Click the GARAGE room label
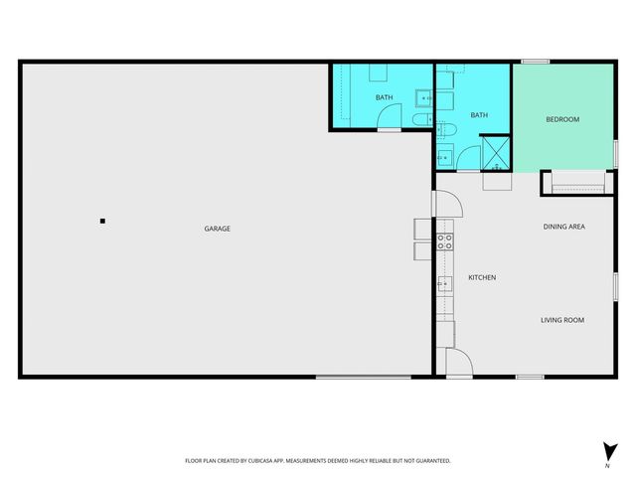click(218, 229)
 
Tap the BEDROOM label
click(562, 119)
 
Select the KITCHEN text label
click(482, 277)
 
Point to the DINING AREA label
click(563, 227)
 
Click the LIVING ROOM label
click(561, 320)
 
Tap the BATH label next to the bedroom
click(479, 115)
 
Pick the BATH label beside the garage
click(384, 97)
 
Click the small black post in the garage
click(102, 221)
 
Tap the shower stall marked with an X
click(496, 153)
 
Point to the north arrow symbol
click(606, 450)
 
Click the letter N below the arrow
click(606, 466)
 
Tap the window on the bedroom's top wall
click(536, 62)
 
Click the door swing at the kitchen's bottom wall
click(458, 364)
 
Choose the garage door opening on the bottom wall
click(363, 377)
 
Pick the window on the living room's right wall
click(615, 284)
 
